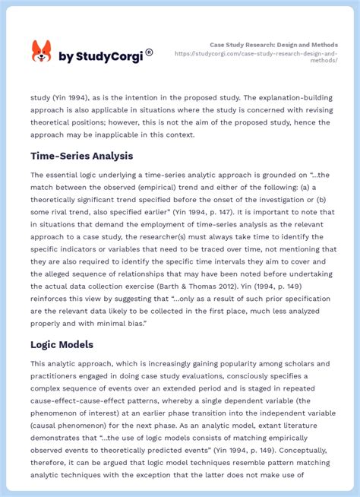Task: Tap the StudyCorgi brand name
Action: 106,56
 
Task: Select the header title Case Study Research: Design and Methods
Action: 274,45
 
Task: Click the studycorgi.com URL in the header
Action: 256,57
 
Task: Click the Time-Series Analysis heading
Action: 81,156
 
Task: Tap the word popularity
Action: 221,363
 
